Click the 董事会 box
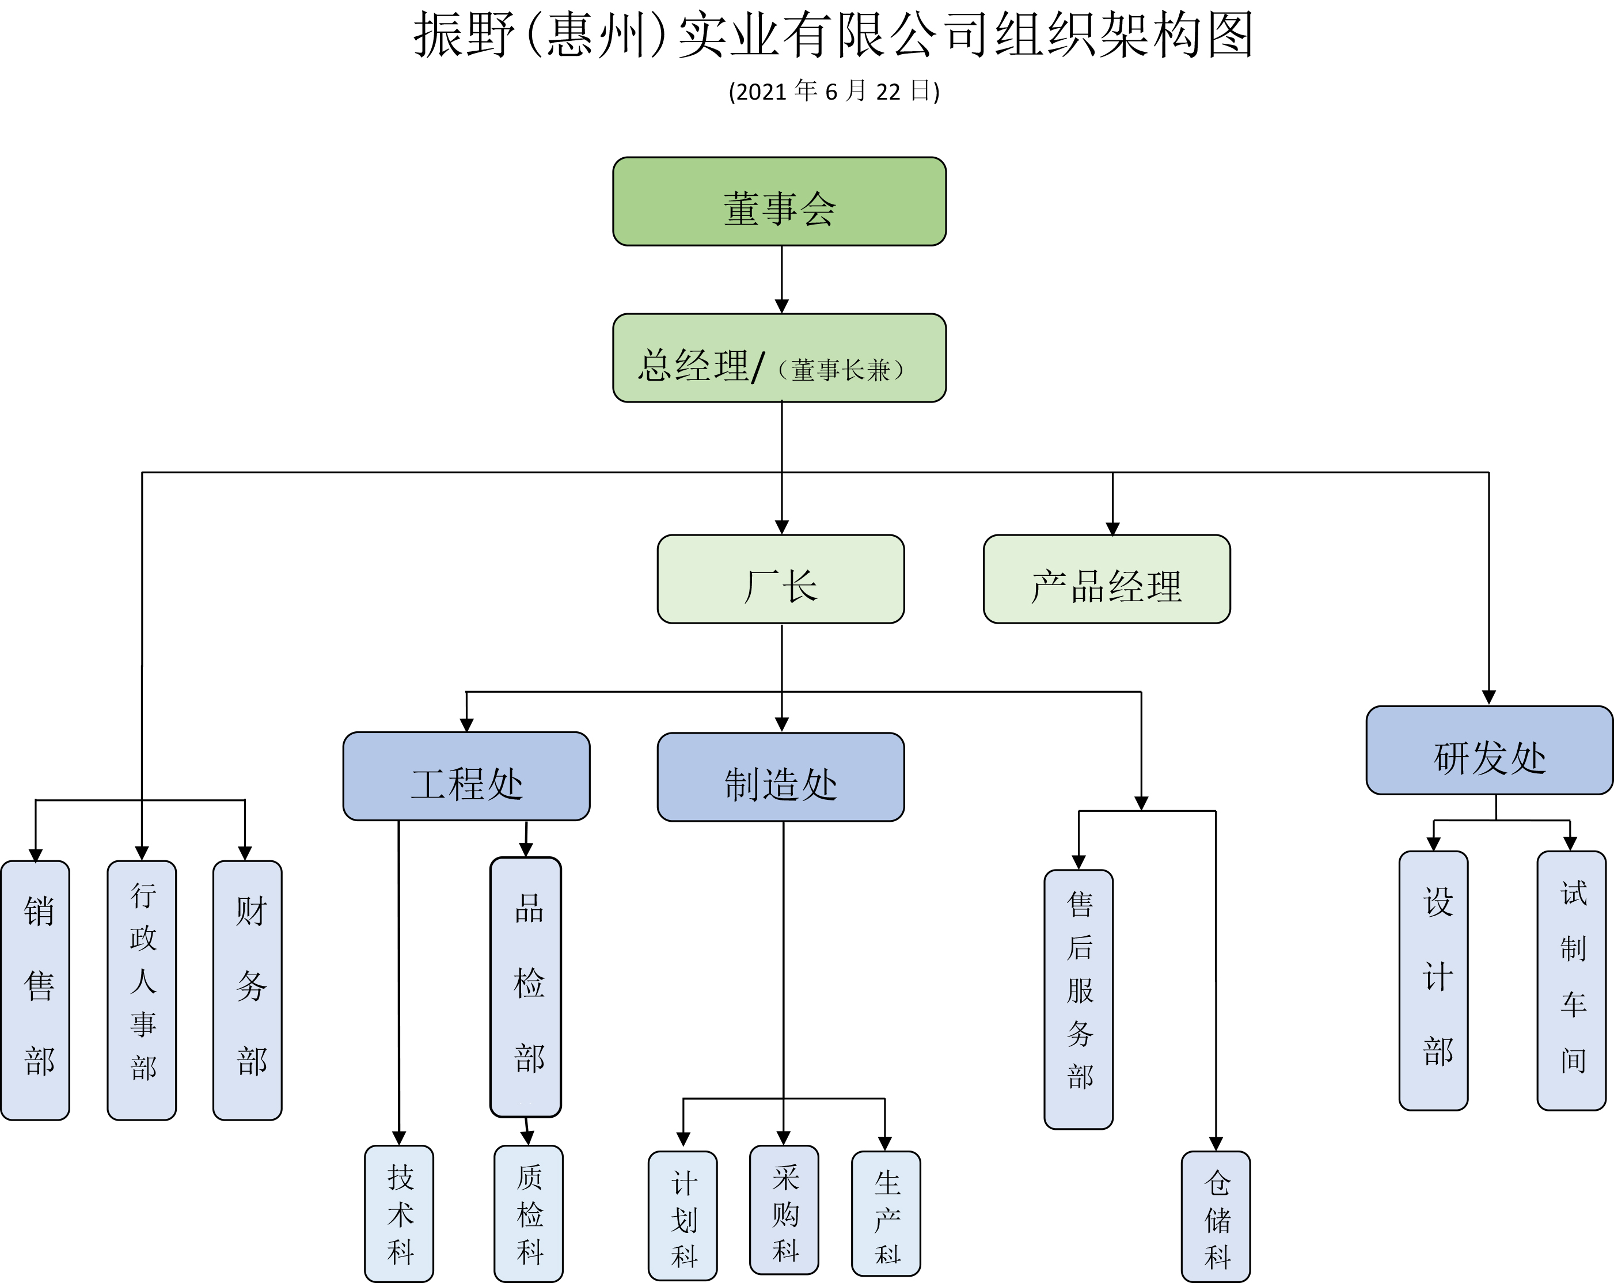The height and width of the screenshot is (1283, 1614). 779,202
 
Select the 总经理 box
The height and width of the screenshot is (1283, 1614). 779,358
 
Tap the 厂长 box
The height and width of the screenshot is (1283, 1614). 781,579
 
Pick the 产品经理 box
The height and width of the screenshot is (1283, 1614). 1107,579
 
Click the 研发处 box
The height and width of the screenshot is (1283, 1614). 1489,750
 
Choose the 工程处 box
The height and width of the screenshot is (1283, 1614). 466,776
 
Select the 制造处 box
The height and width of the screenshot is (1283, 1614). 781,777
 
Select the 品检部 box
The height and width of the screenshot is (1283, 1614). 526,986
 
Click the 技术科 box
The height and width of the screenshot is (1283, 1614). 399,1213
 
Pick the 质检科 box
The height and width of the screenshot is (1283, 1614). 529,1213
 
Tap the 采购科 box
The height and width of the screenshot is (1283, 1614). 784,1210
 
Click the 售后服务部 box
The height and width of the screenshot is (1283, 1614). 1078,999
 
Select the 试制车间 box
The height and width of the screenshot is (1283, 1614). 1571,981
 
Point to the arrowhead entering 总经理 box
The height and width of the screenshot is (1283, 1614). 781,306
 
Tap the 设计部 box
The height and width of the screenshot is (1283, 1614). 1434,981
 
